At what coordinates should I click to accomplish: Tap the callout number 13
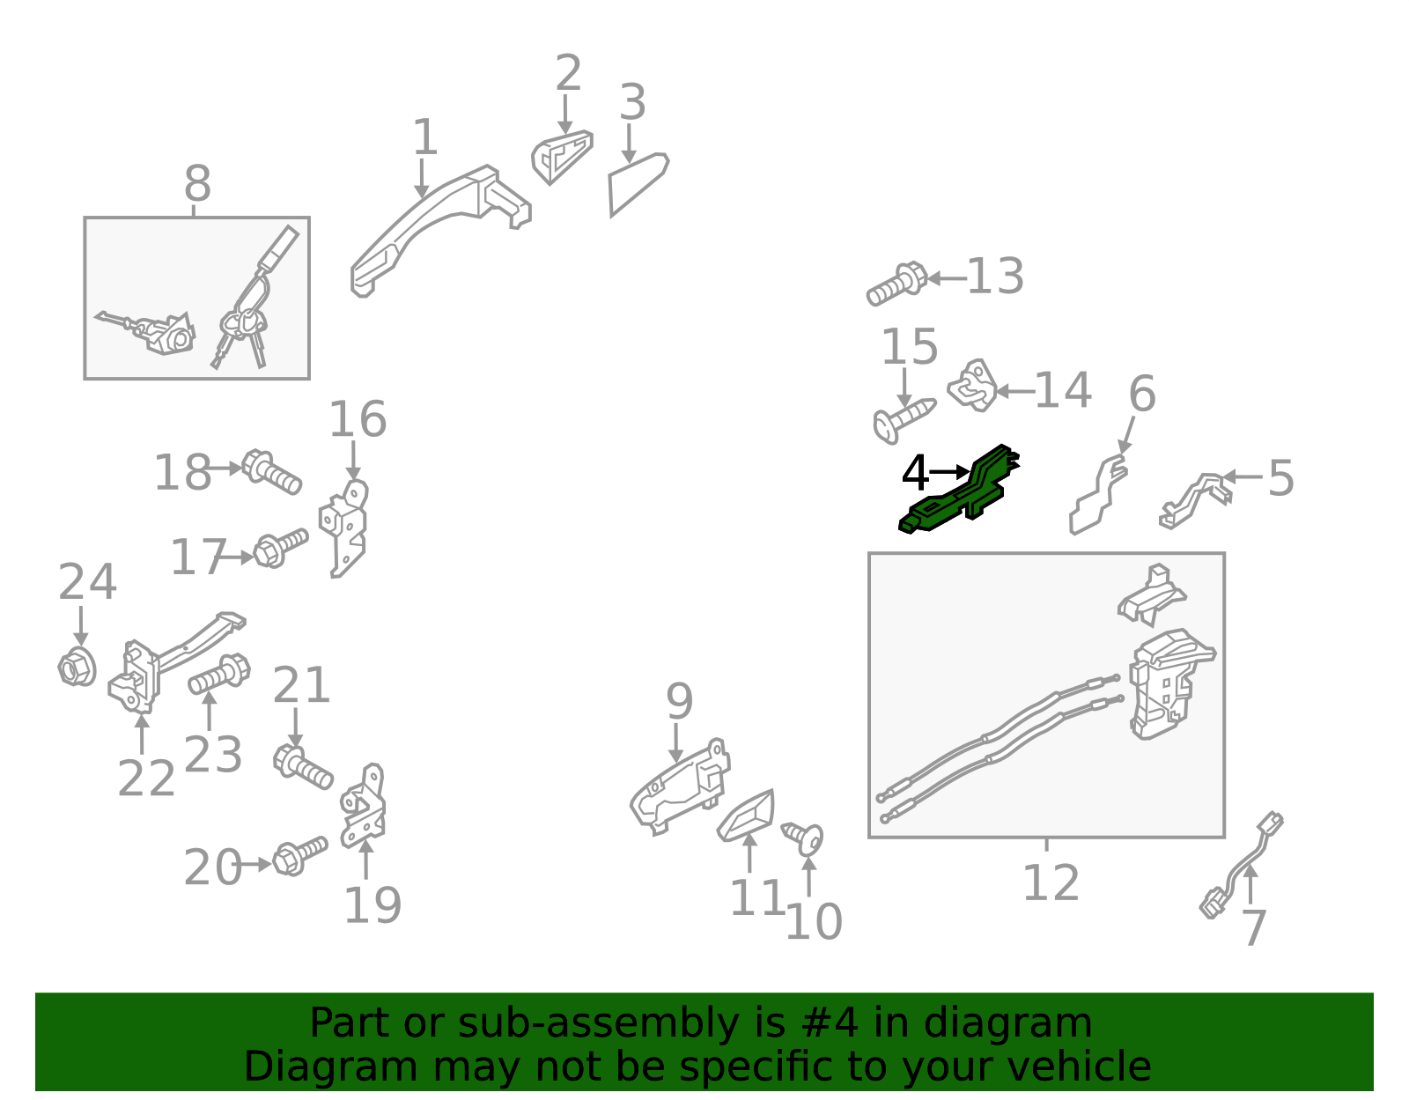(x=995, y=277)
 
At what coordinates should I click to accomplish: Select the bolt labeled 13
(x=896, y=284)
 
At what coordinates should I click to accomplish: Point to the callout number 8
(x=198, y=183)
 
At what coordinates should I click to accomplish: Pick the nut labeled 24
(x=77, y=667)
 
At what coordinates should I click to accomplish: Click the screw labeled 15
(x=904, y=419)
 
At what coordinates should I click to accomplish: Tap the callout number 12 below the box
(x=1051, y=882)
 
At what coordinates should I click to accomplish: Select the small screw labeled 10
(x=803, y=838)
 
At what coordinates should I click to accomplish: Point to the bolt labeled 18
(x=271, y=472)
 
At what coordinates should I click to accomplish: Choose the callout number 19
(x=373, y=905)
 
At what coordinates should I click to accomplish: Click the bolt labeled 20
(x=299, y=856)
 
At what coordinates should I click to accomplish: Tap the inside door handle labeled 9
(x=680, y=787)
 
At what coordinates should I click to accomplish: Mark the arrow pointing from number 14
(x=1014, y=392)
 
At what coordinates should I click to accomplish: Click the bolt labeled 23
(x=219, y=675)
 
